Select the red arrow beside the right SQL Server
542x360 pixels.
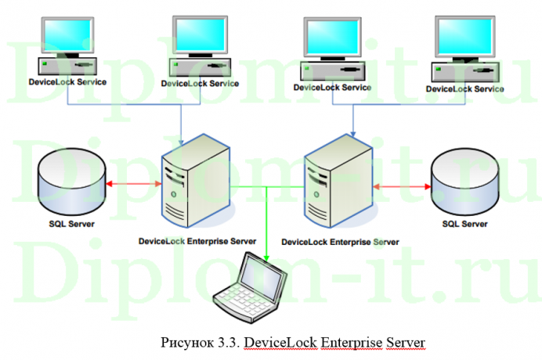403,186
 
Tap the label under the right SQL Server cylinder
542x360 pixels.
464,225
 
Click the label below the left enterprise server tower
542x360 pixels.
197,240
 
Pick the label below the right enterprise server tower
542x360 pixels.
340,243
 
